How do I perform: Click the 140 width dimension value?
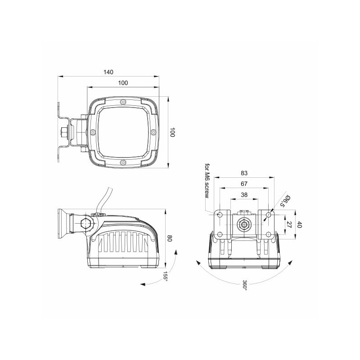[x=108, y=72]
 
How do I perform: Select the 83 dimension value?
[x=244, y=173]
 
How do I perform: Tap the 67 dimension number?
[x=244, y=184]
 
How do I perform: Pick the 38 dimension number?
[x=244, y=195]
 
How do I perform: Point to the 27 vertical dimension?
[x=289, y=225]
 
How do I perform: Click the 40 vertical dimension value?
[x=299, y=225]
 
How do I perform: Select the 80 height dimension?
[x=170, y=238]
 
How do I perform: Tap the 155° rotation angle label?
[x=165, y=276]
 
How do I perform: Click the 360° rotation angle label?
[x=245, y=285]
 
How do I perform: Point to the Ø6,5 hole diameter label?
[x=285, y=201]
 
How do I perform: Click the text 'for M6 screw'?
[x=207, y=181]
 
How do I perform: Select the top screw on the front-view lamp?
[x=123, y=102]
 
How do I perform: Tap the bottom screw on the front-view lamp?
[x=123, y=162]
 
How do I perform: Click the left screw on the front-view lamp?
[x=93, y=132]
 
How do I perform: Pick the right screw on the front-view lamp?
[x=153, y=132]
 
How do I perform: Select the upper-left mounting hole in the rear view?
[x=220, y=215]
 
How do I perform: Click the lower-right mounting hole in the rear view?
[x=268, y=234]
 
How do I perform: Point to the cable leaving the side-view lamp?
[x=103, y=200]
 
